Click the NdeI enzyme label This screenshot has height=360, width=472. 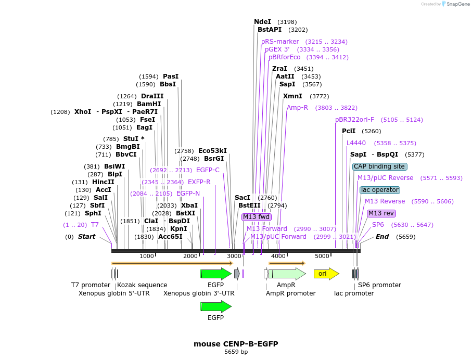[x=262, y=22]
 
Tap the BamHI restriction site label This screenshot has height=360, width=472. [x=149, y=104]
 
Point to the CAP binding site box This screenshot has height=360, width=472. [x=379, y=166]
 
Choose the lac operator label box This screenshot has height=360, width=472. [x=380, y=190]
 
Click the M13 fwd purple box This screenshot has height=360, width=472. [x=257, y=217]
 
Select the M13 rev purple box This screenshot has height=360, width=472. [x=381, y=213]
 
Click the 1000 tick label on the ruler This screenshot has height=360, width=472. [x=147, y=256]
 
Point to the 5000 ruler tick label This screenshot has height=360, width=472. [x=322, y=256]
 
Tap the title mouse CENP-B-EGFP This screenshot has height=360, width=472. [x=236, y=344]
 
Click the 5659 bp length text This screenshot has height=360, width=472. [x=236, y=352]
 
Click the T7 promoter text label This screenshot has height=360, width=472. [x=91, y=285]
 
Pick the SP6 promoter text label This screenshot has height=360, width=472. [x=379, y=285]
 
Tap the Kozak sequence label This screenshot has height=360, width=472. [x=142, y=285]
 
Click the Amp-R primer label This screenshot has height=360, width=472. [x=297, y=108]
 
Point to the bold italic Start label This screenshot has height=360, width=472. [x=86, y=237]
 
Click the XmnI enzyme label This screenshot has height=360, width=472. [x=292, y=96]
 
